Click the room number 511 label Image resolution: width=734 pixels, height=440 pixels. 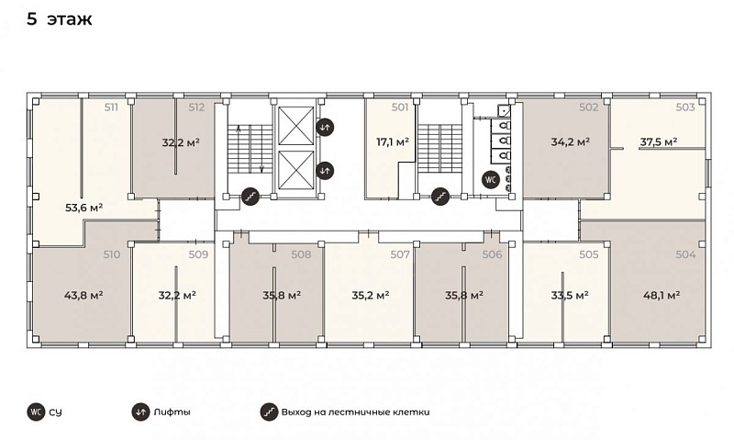[x=111, y=107]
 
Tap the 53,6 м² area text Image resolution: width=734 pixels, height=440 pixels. [x=83, y=207]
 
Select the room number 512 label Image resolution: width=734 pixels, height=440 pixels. [x=196, y=107]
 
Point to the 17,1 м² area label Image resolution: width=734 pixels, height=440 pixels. [x=393, y=141]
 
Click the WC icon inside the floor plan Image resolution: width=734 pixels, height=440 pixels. [x=491, y=179]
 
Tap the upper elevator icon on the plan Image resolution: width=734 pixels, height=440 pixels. [x=325, y=127]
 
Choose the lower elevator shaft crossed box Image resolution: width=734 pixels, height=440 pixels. [x=295, y=170]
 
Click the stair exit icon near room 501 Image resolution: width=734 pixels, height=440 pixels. [x=440, y=197]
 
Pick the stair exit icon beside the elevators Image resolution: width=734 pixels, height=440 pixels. [x=250, y=197]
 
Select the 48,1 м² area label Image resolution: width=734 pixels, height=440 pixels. [x=662, y=295]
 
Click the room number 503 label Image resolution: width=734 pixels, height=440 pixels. [x=685, y=107]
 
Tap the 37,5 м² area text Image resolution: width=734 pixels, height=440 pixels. [x=659, y=141]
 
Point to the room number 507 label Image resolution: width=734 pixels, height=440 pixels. [x=400, y=254]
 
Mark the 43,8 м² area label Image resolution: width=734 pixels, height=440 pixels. [x=83, y=295]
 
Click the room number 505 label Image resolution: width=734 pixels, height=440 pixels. [x=589, y=254]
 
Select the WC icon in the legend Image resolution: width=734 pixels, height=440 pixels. [x=36, y=412]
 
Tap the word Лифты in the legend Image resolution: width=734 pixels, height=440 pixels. [x=172, y=412]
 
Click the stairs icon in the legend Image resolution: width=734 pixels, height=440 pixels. [x=269, y=412]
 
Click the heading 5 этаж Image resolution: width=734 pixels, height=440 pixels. [x=60, y=19]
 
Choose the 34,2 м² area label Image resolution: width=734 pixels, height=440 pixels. [x=570, y=141]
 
